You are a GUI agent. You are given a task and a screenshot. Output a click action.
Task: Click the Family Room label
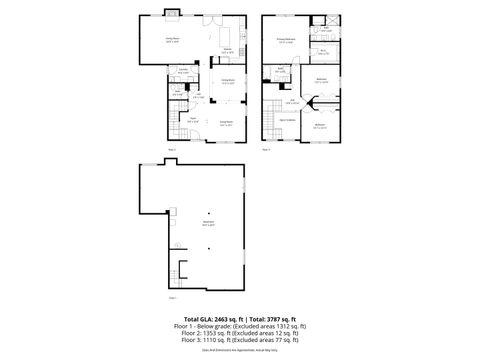coord(157,39)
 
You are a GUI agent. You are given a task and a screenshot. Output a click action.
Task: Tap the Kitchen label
coord(227,49)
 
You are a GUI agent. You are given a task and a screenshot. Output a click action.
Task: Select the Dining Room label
coord(227,81)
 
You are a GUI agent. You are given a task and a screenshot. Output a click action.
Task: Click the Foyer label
coord(192,122)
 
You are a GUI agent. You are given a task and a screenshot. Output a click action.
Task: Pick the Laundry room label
coord(183,72)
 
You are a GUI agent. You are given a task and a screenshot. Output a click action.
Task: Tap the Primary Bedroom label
coord(286,41)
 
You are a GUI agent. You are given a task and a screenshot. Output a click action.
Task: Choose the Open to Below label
coord(285,118)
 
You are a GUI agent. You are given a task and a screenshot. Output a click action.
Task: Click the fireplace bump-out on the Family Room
coord(171,13)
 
